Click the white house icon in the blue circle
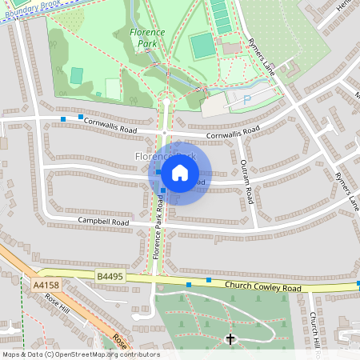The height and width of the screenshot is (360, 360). click(180, 172)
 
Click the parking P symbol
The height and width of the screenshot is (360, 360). click(246, 99)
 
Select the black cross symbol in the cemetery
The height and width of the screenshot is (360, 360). click(231, 339)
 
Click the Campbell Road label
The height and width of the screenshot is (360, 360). click(103, 221)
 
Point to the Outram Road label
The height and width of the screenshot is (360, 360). click(246, 182)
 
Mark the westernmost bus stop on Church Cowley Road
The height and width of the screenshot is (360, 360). click(189, 284)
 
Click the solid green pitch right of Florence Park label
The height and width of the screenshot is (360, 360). click(203, 46)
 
